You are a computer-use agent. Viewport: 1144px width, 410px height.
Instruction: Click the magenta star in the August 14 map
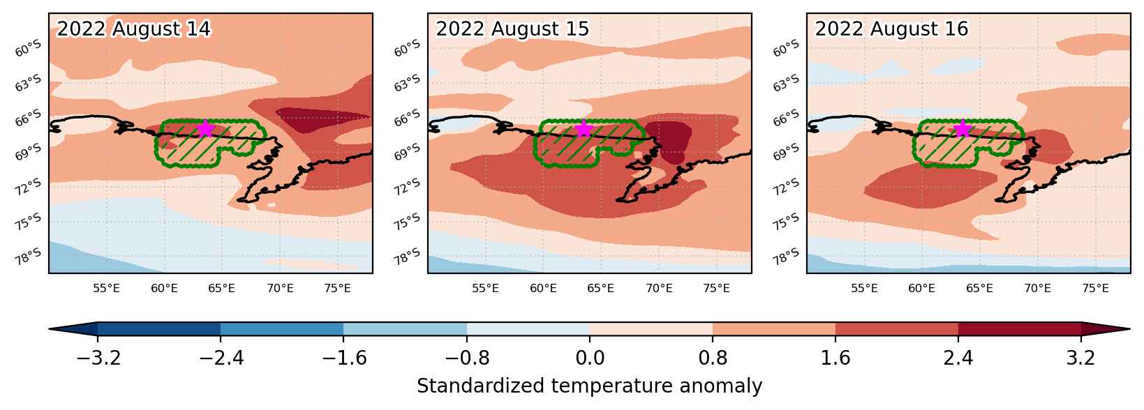coord(205,129)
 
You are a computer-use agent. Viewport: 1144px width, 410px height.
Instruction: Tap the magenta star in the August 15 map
coord(584,129)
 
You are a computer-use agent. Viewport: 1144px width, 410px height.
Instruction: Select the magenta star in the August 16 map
coord(963,129)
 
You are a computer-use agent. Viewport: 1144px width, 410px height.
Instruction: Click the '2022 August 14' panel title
coord(133,29)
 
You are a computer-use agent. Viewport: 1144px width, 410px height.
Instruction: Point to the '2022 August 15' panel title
coord(512,29)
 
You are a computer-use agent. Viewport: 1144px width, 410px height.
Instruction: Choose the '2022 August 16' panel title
coord(891,29)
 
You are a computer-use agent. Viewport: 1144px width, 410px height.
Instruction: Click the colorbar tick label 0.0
coord(590,358)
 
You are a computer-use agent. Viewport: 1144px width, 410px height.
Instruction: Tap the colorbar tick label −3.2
coord(98,358)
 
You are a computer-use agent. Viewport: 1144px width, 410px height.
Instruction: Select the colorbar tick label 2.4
coord(958,358)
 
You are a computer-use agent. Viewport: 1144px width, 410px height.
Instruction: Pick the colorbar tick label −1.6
coord(343,358)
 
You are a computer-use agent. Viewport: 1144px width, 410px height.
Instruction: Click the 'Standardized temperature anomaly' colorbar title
coord(589,386)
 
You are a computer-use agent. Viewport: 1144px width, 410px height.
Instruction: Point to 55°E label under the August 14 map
coord(106,289)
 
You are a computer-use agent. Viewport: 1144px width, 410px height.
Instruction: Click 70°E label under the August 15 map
coord(659,289)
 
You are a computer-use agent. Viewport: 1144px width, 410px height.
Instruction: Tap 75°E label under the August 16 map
coord(1095,289)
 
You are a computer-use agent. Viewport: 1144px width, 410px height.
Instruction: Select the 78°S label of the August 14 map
coord(28,257)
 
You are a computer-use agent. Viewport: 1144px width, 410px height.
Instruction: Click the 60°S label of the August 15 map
coord(407,48)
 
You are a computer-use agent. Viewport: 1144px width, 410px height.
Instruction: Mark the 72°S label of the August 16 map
coord(786,187)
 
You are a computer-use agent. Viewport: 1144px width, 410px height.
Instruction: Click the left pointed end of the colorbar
coord(49,329)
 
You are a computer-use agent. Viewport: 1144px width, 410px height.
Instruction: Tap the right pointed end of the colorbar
coord(1130,329)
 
